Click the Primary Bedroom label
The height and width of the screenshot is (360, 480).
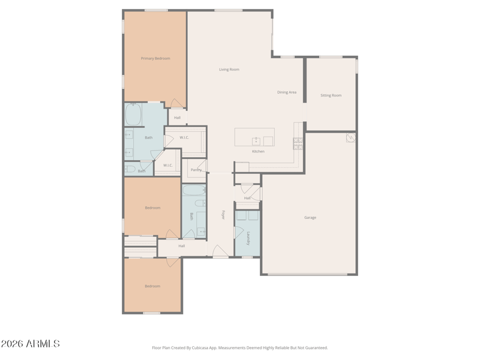coord(155,58)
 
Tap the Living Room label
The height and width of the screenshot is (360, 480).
coord(229,70)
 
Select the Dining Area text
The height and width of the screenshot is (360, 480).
coord(287,92)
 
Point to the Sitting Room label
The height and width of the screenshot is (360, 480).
coord(331,95)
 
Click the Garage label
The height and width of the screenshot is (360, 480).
coord(310,217)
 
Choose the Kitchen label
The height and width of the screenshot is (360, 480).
coord(259,151)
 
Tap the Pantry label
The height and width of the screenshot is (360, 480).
coord(196,170)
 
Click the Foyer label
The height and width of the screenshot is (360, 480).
coord(223,215)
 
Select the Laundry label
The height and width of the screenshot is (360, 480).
coord(248,238)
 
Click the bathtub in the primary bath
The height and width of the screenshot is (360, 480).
coord(133,114)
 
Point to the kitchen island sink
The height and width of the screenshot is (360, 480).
coord(256,141)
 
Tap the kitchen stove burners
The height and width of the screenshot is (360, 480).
coord(298,143)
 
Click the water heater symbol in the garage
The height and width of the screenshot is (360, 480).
coord(351,137)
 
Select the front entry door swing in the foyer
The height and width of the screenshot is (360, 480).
coord(220,251)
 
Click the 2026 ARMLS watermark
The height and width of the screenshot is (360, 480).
coord(31,343)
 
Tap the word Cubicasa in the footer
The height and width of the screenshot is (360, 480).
coord(200,348)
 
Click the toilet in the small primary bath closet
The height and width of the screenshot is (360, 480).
coord(130,169)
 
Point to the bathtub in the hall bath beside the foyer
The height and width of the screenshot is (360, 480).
coord(194,190)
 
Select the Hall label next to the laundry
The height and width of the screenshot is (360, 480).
coord(247,198)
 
